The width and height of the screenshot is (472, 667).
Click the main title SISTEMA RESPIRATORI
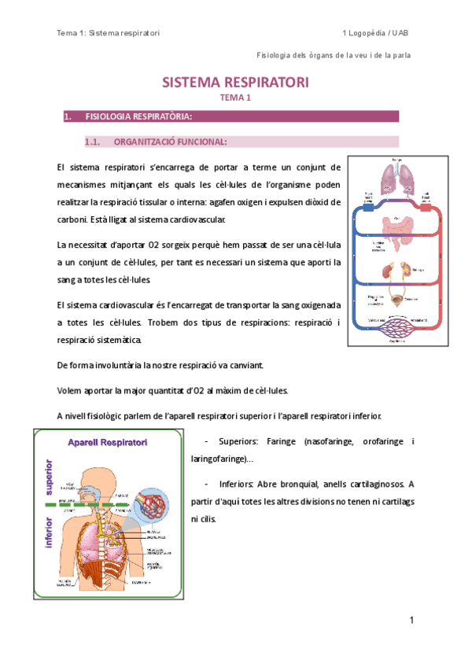235,83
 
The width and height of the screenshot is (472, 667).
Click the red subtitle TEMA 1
235,98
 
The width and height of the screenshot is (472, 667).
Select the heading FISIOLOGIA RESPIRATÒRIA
138,117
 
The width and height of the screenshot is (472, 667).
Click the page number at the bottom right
411,621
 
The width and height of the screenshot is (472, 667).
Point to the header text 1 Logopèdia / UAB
375,33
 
